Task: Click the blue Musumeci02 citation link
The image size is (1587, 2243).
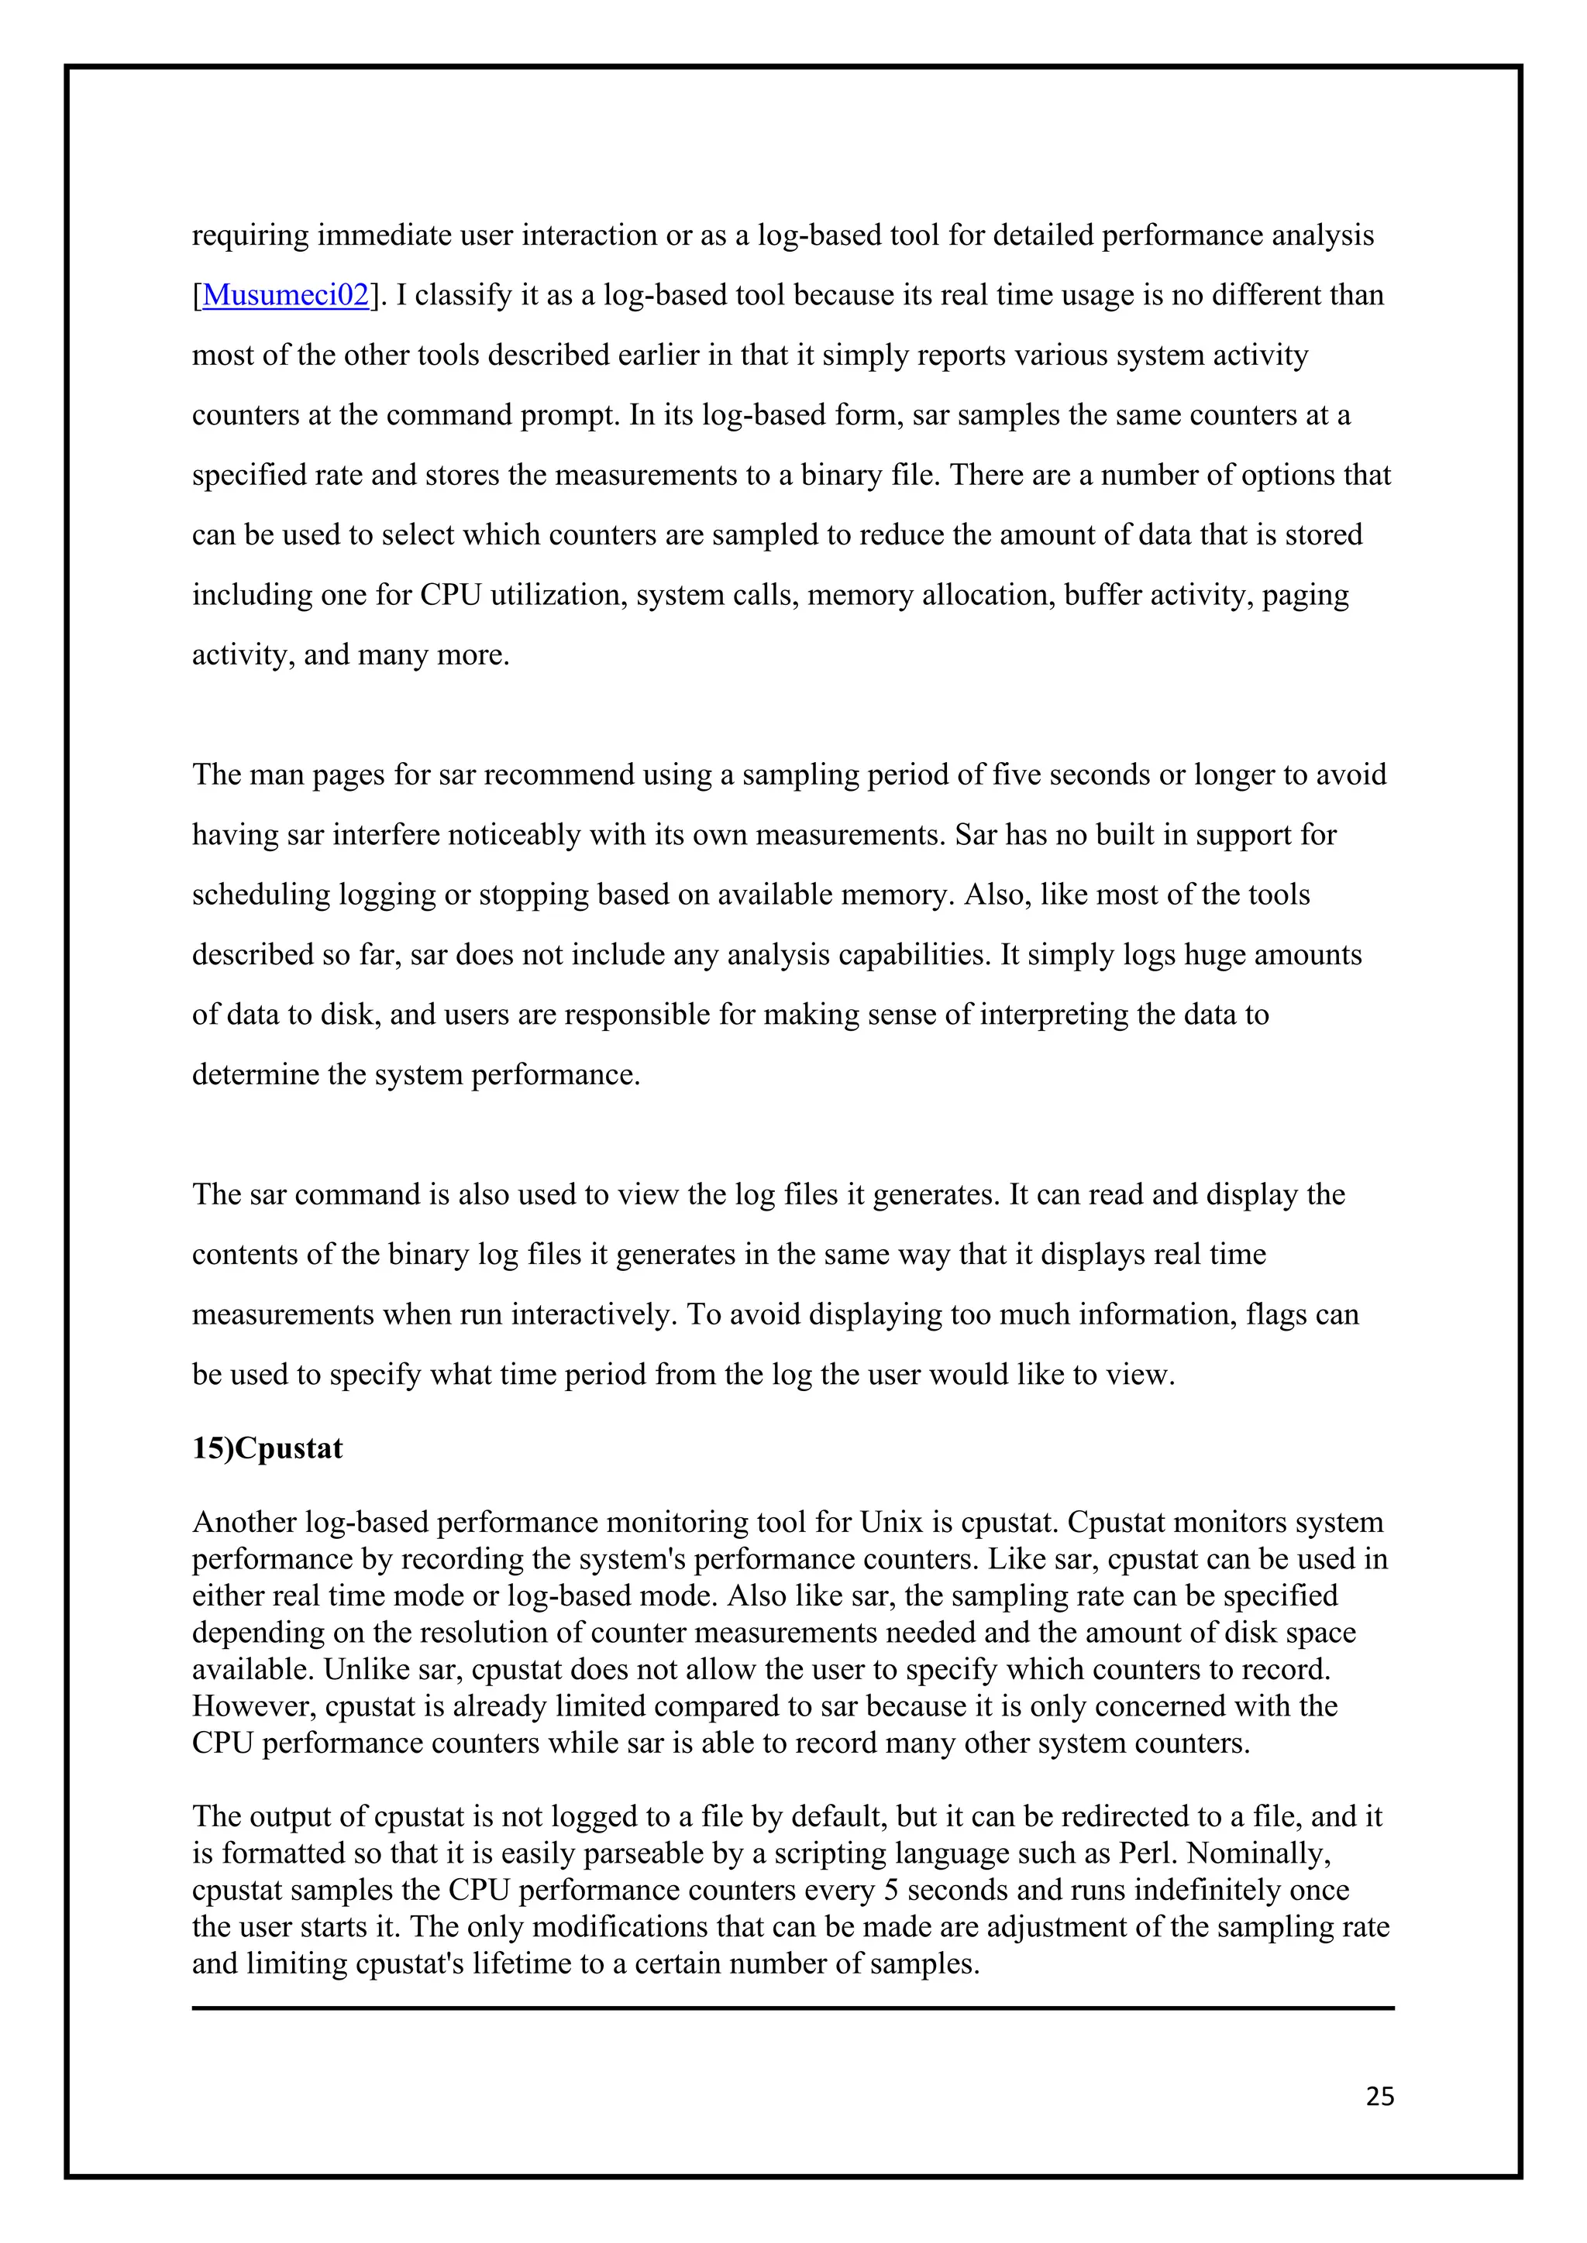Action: (285, 295)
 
